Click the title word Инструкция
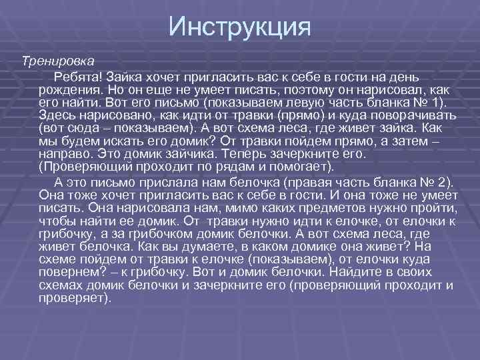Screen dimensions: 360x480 239,26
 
